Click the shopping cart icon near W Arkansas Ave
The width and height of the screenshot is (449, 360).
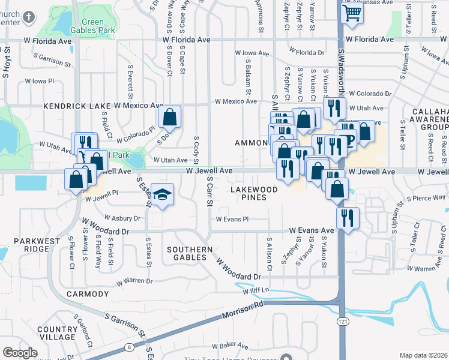(352, 12)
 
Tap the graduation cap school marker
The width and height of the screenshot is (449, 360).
(161, 196)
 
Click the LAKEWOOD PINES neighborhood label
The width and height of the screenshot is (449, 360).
(255, 194)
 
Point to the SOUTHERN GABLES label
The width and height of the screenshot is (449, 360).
(190, 253)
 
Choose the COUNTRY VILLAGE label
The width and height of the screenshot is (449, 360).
(58, 333)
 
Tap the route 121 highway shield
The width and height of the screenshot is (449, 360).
(342, 322)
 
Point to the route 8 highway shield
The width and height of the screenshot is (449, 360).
(129, 347)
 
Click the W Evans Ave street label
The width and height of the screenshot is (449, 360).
(311, 230)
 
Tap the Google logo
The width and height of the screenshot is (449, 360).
(20, 352)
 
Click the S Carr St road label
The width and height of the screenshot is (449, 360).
(209, 191)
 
